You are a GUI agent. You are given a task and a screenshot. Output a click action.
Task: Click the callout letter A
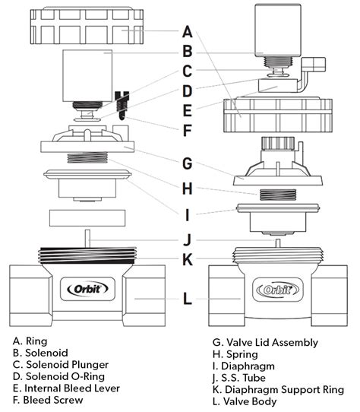coord(188,32)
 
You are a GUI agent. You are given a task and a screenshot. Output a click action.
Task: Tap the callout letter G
coord(188,163)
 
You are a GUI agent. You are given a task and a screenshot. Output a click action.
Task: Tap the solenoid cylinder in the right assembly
coord(276,36)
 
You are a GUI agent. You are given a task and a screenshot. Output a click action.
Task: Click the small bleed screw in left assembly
coord(120,100)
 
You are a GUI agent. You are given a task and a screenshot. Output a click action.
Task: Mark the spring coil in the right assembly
coord(276,196)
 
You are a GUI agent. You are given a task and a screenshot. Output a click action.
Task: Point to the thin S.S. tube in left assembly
coord(88,238)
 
